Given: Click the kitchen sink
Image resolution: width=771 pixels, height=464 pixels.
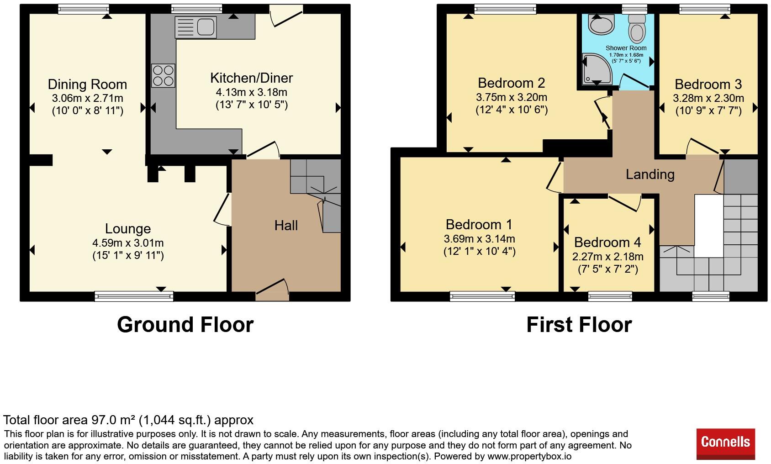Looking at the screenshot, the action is [x=195, y=27].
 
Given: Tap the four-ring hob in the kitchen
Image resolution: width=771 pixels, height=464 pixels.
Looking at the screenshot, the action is [x=163, y=75].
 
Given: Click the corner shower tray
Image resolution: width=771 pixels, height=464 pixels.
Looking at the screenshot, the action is [x=597, y=69].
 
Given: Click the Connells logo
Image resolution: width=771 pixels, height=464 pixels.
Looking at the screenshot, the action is [x=726, y=444].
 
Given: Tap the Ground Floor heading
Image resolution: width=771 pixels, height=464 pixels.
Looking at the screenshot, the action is [x=185, y=325].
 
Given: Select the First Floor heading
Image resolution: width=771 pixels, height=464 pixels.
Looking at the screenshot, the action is [x=579, y=325].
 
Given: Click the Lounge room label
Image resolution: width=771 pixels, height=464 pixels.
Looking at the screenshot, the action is [x=128, y=228].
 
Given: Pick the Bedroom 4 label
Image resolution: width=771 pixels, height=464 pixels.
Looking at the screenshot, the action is [x=607, y=243].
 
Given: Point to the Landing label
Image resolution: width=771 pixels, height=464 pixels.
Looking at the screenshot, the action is [x=650, y=174].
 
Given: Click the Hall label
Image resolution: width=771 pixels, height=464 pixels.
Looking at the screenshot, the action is [x=286, y=226].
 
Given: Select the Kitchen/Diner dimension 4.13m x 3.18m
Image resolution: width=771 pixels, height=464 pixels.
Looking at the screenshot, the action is [x=251, y=92].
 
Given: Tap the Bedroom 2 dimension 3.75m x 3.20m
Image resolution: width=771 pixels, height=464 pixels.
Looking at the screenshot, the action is [x=512, y=97].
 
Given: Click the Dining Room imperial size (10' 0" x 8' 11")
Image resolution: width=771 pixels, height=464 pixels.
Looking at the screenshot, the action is [x=87, y=111].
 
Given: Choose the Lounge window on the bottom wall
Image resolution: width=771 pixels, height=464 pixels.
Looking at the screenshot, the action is [x=134, y=296].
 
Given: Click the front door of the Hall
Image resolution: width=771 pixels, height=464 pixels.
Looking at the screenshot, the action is [x=272, y=290].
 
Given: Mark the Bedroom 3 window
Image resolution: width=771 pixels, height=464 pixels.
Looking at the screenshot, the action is [x=705, y=9].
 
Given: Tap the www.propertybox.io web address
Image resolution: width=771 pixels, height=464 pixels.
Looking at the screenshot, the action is [x=529, y=456].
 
